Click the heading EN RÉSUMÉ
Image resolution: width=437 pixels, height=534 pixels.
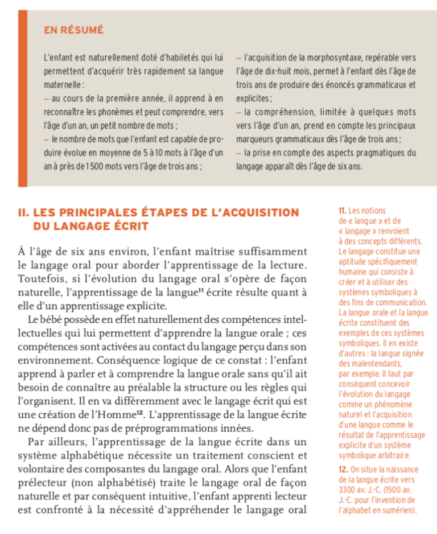click(x=74, y=31)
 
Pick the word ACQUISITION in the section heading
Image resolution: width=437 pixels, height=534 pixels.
click(x=262, y=213)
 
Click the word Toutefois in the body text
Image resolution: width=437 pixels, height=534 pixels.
click(x=39, y=279)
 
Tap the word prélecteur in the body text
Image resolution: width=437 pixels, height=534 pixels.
click(x=42, y=483)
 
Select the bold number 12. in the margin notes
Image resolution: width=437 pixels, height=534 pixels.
click(x=344, y=470)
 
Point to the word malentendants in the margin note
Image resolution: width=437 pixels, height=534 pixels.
click(x=370, y=364)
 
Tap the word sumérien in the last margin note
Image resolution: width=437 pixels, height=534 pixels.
click(x=397, y=511)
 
